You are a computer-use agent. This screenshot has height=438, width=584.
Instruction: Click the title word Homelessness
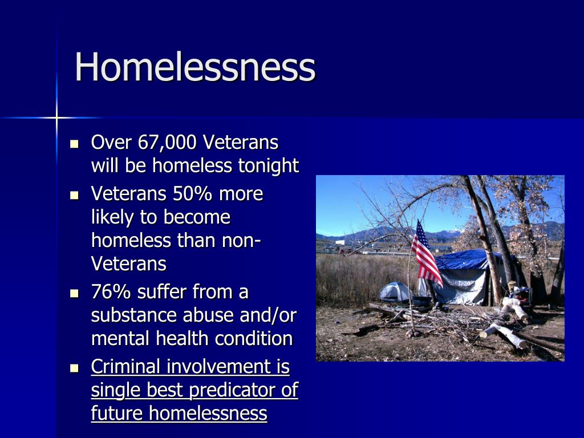point(195,67)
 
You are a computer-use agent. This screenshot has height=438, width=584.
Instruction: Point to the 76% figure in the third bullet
point(111,291)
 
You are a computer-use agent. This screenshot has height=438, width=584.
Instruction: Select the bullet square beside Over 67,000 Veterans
point(75,144)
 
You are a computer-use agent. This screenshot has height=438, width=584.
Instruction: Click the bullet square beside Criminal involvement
point(75,368)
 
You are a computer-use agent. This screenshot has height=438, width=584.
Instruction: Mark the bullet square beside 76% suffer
point(75,294)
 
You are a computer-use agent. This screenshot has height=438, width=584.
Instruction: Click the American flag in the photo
point(426,254)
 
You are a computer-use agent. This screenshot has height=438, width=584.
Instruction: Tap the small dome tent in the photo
point(396,291)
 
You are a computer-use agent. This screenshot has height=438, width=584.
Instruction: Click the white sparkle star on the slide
point(56,117)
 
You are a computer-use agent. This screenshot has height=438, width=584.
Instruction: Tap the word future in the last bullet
point(117,413)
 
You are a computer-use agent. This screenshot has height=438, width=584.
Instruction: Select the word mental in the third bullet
point(120,339)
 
